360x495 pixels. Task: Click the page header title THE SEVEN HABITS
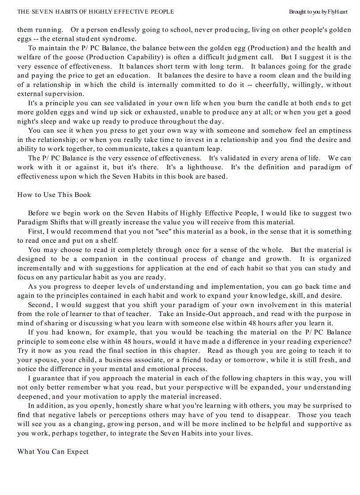pyautogui.click(x=95, y=12)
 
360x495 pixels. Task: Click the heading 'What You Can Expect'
pyautogui.click(x=52, y=451)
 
